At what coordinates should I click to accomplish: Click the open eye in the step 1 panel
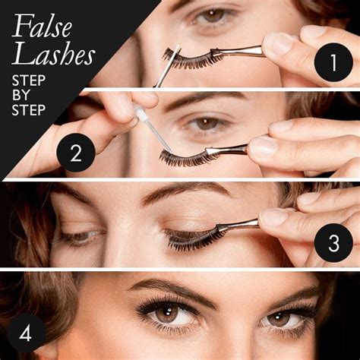tap(214, 15)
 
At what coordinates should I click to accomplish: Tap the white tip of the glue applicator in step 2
tap(140, 114)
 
